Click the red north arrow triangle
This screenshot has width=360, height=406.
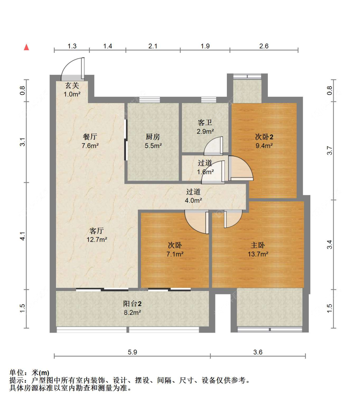click(27, 47)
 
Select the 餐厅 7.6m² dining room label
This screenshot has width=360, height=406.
click(90, 141)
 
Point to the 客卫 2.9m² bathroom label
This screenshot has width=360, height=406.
click(205, 127)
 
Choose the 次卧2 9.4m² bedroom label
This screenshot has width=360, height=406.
click(264, 141)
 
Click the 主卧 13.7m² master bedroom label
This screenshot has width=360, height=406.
click(258, 249)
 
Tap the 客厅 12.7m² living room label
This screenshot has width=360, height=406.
click(97, 235)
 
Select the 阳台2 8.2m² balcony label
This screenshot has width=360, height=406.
click(132, 308)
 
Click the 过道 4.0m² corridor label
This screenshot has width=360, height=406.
click(193, 196)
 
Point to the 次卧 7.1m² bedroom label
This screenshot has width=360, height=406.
click(175, 249)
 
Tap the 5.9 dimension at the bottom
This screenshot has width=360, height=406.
click(132, 352)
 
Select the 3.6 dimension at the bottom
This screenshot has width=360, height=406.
click(258, 352)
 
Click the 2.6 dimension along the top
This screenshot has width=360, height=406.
click(264, 46)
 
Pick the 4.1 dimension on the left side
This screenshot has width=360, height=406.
click(22, 236)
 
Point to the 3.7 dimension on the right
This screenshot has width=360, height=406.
click(330, 150)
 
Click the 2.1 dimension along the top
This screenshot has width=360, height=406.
click(153, 46)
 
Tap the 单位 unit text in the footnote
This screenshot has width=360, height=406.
click(17, 373)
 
